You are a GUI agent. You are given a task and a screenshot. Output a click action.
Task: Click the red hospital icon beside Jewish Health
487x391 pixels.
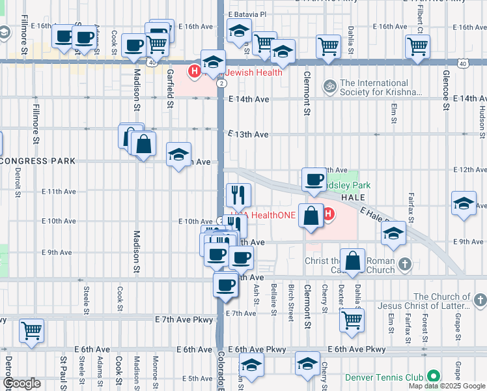point(194,70)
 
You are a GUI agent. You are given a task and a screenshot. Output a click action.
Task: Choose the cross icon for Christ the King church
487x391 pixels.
point(405,264)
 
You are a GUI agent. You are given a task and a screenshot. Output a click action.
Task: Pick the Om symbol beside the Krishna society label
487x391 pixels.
point(330,85)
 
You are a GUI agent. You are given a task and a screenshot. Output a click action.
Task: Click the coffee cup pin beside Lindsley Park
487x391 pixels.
point(314,179)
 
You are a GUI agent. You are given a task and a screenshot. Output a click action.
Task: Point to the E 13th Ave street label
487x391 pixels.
point(248,134)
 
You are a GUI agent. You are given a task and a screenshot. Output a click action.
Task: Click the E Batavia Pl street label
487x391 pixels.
point(247,14)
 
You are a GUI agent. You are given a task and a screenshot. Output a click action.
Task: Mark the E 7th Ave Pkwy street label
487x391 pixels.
point(184,319)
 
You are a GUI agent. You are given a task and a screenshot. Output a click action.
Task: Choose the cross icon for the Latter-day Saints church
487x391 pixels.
point(480,300)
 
